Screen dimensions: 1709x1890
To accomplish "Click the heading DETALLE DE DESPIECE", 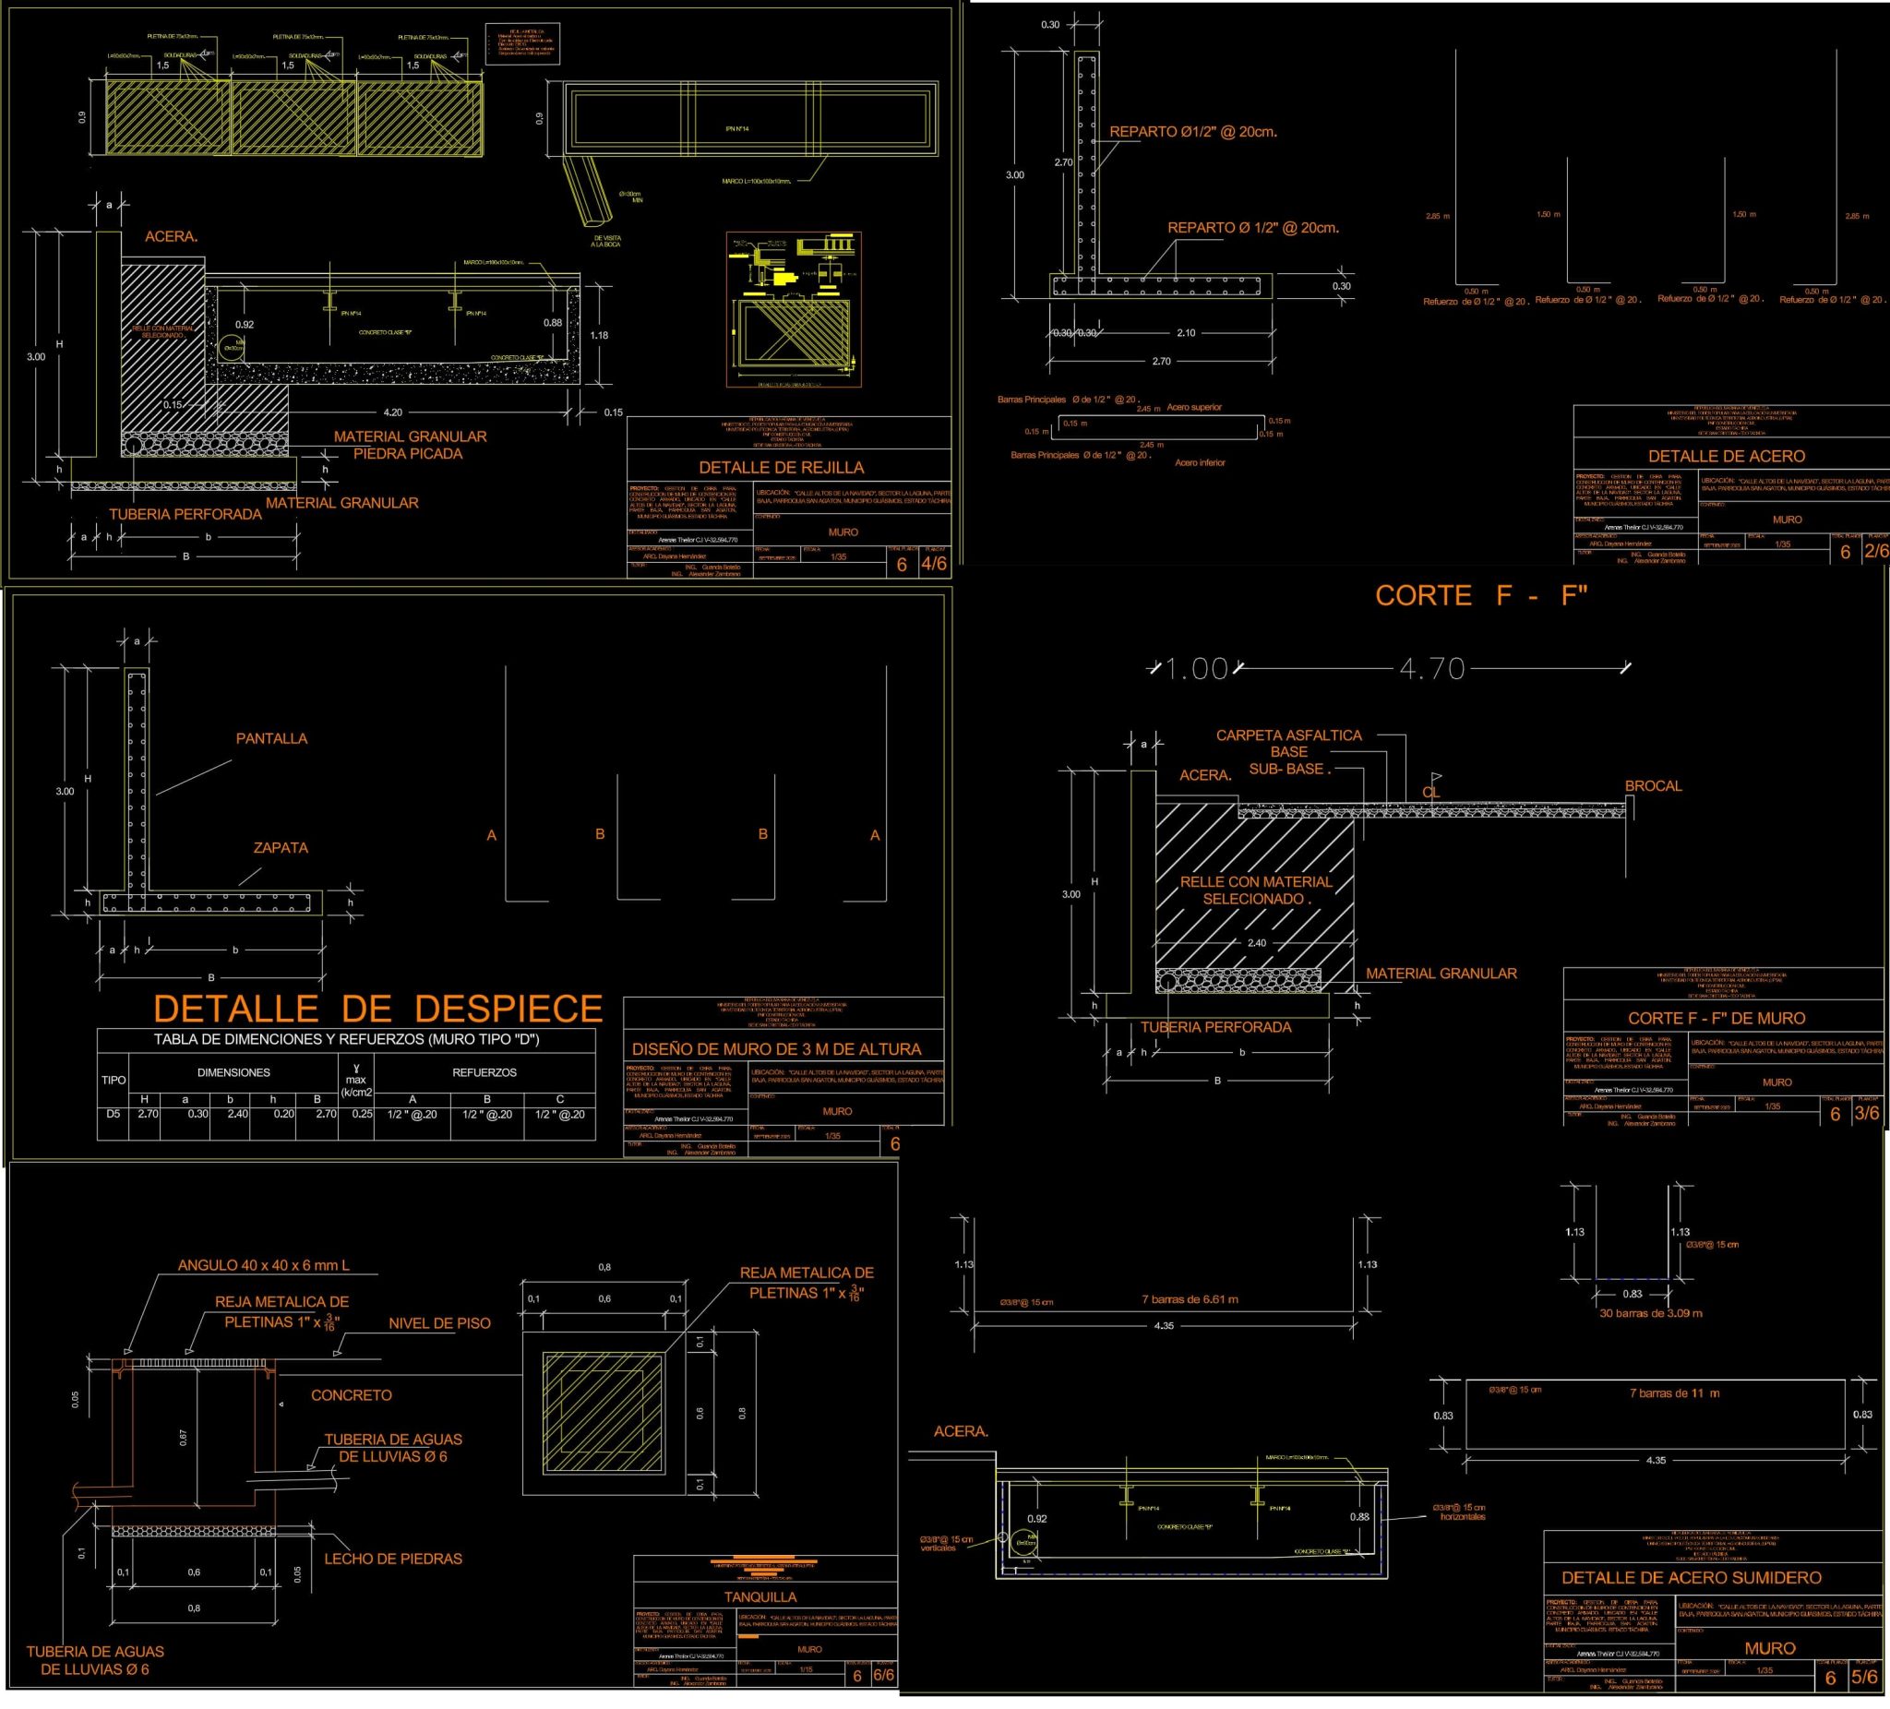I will point(377,1009).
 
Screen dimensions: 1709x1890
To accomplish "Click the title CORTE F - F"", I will point(1480,595).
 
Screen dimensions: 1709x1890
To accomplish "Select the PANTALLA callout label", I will point(271,739).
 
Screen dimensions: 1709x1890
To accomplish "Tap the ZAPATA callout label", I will point(281,847).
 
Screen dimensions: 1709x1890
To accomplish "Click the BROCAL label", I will point(1653,785).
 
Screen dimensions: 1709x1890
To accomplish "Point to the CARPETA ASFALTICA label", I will point(1288,735).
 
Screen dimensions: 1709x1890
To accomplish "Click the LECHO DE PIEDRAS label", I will point(393,1559).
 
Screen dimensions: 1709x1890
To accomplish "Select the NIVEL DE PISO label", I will point(439,1323).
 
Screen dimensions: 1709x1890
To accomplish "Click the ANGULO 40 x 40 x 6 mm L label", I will point(263,1264).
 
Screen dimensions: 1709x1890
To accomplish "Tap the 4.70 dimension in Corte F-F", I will point(1431,668).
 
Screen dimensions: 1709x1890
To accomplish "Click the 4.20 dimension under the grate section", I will point(393,412).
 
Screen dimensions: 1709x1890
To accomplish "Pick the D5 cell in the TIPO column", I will point(113,1114).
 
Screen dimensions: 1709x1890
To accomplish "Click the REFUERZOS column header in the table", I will point(484,1072).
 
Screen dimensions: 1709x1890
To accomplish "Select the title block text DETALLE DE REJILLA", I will point(781,468).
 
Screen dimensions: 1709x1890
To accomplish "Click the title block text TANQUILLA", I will point(760,1596).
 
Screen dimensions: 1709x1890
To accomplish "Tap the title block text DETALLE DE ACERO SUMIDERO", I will point(1692,1578).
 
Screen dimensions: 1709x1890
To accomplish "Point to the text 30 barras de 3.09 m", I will point(1650,1313).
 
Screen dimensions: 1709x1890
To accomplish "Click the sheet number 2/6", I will point(1876,551).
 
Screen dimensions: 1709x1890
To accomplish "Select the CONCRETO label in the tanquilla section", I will point(352,1395).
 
